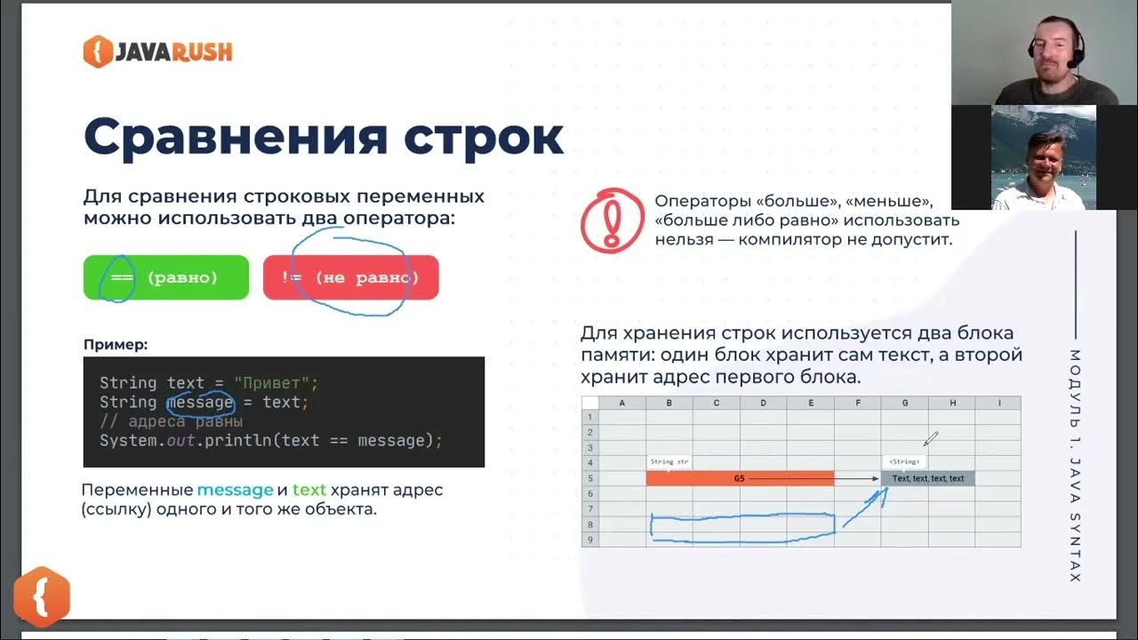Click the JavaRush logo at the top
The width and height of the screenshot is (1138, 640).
[x=157, y=52]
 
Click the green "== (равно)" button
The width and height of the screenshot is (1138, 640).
[x=165, y=277]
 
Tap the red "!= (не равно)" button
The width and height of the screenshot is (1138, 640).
[x=350, y=277]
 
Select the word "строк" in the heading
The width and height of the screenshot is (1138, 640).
[x=483, y=137]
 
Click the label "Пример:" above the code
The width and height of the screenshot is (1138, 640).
[x=116, y=344]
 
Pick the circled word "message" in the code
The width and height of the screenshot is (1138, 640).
[x=200, y=403]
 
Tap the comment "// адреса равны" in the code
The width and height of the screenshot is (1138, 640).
[x=171, y=421]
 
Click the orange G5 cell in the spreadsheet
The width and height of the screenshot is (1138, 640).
[x=740, y=478]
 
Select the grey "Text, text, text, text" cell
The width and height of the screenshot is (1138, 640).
[x=928, y=478]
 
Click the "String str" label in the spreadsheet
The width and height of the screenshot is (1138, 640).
[x=669, y=462]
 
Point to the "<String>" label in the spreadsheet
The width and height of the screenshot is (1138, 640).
[x=904, y=462]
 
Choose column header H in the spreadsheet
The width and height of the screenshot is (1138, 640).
[x=952, y=403]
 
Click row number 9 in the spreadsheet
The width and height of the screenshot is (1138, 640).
[x=589, y=540]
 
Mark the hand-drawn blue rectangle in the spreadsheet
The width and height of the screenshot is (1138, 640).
[x=742, y=525]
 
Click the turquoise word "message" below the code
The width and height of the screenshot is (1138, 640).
[x=235, y=490]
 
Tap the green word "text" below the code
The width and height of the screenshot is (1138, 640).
[x=309, y=490]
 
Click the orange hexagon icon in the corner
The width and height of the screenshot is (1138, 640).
[x=42, y=596]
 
